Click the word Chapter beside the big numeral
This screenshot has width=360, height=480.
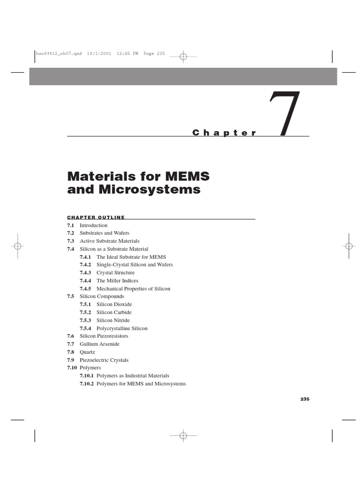tap(225, 133)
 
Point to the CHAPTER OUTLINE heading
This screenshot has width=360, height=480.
tap(96, 217)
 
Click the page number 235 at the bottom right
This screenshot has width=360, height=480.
tap(305, 399)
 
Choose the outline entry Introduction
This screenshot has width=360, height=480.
tap(93, 225)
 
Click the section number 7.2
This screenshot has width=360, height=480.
tap(71, 233)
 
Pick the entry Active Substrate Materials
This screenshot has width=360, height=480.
tap(109, 241)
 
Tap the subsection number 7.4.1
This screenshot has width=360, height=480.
tap(85, 257)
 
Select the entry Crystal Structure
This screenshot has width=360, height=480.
tap(115, 273)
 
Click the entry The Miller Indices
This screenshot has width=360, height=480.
tap(117, 281)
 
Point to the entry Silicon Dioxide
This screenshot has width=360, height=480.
tap(114, 304)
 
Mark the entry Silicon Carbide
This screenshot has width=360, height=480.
tap(114, 312)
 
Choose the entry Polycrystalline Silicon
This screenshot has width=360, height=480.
tap(122, 328)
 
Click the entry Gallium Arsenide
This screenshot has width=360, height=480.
tap(99, 344)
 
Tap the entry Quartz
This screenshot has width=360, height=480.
tap(87, 352)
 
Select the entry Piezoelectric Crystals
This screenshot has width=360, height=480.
tap(104, 360)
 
